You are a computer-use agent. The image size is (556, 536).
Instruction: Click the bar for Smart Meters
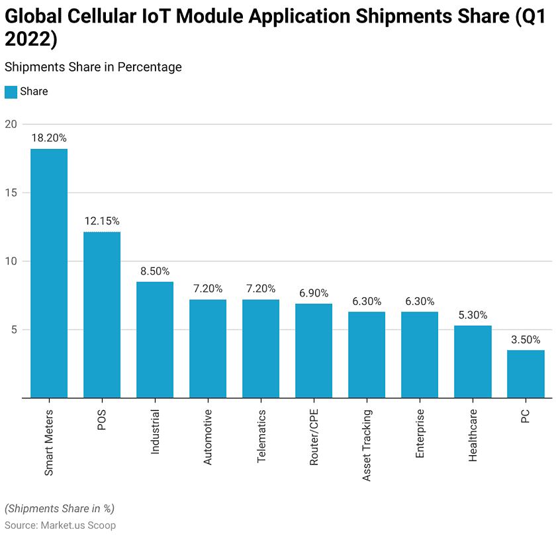[49, 273]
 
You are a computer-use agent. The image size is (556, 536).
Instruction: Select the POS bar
[102, 315]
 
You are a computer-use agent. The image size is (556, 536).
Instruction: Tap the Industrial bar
[155, 340]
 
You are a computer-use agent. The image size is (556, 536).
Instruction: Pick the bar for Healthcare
[473, 362]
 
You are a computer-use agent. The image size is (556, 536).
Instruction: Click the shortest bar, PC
[526, 374]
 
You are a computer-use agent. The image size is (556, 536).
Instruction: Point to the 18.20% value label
[49, 138]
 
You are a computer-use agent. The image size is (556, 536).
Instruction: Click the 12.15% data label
[102, 221]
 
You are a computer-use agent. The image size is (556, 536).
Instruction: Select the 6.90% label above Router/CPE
[314, 292]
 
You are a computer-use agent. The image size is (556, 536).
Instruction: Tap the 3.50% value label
[526, 339]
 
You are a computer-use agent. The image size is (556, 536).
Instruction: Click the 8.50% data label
[155, 271]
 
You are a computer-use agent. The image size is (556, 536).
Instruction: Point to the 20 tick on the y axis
[10, 124]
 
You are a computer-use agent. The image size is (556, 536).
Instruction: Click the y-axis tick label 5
[13, 330]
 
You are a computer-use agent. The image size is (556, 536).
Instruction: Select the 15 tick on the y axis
[10, 193]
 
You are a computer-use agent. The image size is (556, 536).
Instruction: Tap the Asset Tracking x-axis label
[367, 445]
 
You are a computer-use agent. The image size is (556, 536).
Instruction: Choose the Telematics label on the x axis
[261, 436]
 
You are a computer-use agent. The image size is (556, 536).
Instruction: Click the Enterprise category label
[420, 434]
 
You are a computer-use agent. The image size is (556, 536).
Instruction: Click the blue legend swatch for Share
[11, 92]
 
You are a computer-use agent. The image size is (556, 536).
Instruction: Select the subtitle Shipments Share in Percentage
[93, 67]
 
